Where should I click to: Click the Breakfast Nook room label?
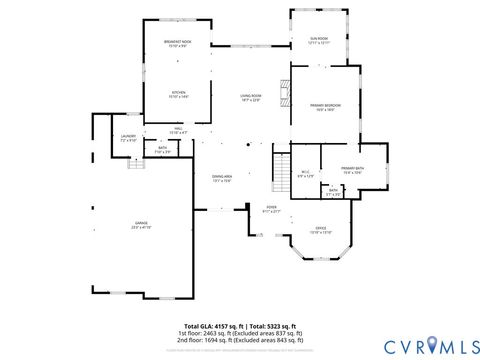point(178,43)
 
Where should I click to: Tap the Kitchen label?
point(178,95)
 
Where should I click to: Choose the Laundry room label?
point(128,138)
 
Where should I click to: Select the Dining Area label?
point(222,178)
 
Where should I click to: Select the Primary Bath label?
point(352,170)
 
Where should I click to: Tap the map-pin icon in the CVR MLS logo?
point(433,346)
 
